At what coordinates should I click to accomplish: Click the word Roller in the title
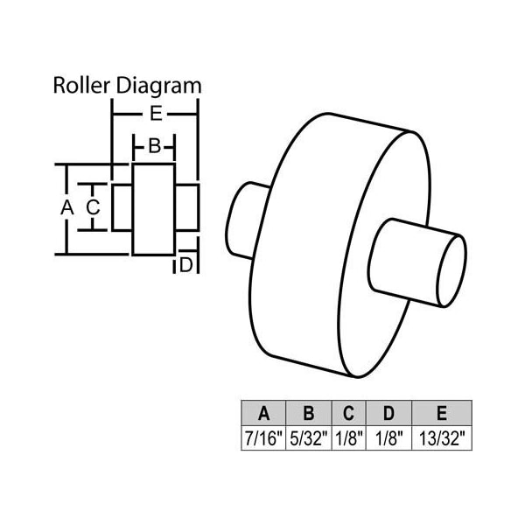tap(81, 86)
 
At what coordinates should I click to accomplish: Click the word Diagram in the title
tap(158, 87)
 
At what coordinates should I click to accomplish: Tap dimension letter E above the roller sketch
tap(156, 114)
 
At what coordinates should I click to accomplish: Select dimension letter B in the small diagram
tap(154, 146)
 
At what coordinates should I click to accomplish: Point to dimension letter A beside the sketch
tap(67, 207)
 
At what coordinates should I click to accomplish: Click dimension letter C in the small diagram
tap(93, 206)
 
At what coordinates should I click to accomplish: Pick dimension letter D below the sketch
tap(186, 265)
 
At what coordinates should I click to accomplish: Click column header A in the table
tap(263, 413)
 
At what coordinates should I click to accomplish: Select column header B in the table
tap(308, 413)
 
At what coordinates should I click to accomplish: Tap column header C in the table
tap(348, 413)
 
